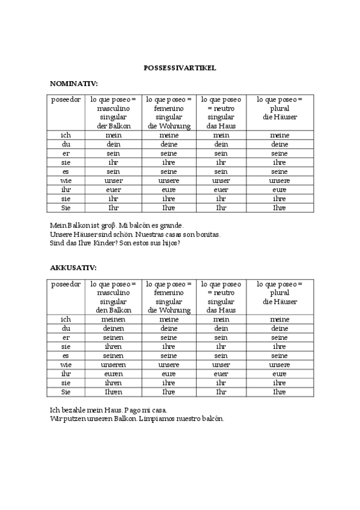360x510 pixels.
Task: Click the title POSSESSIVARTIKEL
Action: click(180, 69)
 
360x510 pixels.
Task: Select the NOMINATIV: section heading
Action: click(73, 83)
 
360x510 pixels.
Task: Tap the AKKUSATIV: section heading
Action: click(73, 267)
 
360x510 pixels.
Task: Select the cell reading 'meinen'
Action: click(113, 319)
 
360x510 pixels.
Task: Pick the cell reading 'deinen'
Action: click(113, 328)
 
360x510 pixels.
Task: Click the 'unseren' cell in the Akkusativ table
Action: click(113, 364)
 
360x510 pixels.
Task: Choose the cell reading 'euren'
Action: click(113, 373)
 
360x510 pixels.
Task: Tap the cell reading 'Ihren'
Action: click(113, 392)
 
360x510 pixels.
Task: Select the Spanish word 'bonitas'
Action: click(209, 234)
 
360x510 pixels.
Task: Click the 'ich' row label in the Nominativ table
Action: click(66, 135)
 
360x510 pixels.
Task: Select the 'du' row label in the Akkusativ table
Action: click(66, 328)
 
